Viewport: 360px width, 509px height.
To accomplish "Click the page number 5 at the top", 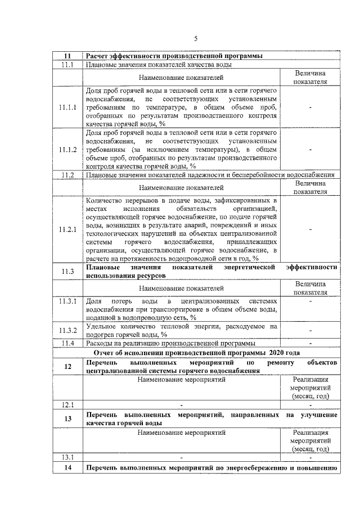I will (x=195, y=38).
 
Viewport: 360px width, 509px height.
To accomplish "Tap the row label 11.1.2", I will (x=67, y=150).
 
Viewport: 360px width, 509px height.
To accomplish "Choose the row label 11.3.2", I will (x=67, y=330).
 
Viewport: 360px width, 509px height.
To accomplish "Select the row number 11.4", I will (x=67, y=343).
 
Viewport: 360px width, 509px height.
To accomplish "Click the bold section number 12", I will (x=67, y=367).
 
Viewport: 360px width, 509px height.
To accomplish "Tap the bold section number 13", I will (x=67, y=419).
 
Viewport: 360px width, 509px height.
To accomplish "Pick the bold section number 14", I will (x=67, y=468).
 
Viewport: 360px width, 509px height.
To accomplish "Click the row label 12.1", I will (x=67, y=404).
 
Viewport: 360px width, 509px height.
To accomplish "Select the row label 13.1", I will (x=67, y=456).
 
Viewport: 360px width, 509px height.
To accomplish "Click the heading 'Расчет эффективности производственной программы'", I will (x=174, y=56).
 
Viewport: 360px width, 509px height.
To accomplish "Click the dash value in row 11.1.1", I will (x=310, y=107).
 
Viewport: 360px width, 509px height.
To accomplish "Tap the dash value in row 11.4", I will (x=310, y=343).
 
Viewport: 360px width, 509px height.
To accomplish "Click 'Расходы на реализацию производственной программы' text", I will (x=171, y=343).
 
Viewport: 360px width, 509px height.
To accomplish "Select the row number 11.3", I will (x=67, y=272).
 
